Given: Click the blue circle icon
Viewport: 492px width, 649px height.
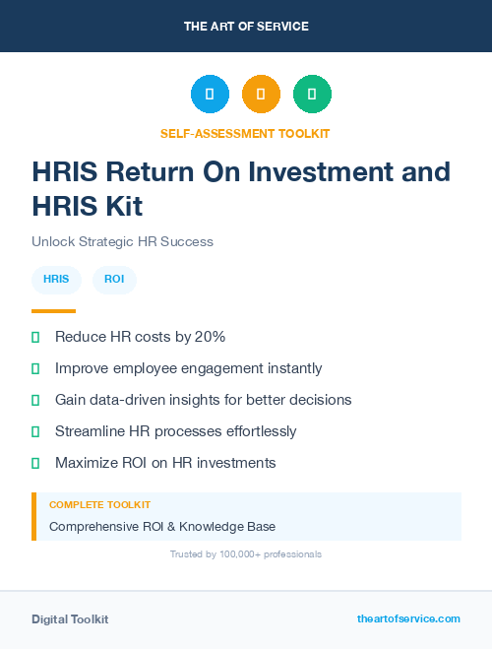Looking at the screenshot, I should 210,95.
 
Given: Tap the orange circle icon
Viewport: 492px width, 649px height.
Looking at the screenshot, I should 261,95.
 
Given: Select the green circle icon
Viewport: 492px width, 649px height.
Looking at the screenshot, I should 312,95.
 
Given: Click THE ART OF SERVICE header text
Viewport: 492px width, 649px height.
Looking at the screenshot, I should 246,27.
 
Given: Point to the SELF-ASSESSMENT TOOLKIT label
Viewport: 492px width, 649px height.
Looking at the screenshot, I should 245,133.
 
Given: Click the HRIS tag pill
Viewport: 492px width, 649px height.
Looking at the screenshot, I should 56,280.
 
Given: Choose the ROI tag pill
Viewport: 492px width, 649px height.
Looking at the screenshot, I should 114,280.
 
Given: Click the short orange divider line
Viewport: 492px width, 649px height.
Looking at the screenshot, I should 53,311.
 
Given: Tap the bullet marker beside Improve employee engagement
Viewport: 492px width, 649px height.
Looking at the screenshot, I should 35,368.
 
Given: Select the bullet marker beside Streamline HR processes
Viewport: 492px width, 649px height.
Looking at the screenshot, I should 35,431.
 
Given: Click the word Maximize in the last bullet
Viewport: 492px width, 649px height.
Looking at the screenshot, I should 86,463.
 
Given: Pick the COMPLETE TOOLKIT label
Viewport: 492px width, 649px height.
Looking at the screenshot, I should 86,504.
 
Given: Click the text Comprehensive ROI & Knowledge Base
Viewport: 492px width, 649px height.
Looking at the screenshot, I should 162,526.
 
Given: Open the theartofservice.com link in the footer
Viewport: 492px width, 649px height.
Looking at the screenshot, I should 408,618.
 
